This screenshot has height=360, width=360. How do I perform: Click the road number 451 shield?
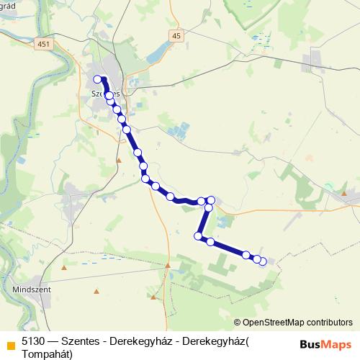click(45, 44)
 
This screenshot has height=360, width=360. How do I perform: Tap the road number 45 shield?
click(176, 35)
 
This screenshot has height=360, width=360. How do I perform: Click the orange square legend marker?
click(10, 343)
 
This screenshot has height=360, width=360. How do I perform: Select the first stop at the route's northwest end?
click(98, 79)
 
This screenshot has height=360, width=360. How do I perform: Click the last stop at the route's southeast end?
click(263, 261)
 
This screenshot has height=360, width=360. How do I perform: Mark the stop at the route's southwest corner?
click(198, 235)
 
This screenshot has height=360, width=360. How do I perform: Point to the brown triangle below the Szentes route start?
click(120, 141)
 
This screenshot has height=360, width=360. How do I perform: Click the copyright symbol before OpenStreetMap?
click(238, 323)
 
